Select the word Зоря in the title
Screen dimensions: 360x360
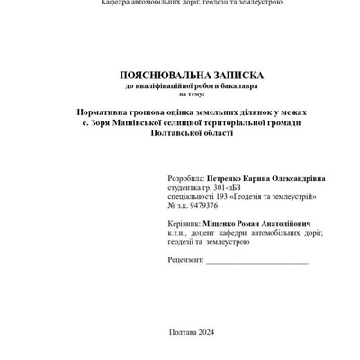94,121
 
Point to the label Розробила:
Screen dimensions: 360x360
185,179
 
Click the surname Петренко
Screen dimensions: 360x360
225,179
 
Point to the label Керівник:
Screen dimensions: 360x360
185,223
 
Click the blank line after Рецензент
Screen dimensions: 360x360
256,261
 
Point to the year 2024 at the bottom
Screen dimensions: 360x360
205,331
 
